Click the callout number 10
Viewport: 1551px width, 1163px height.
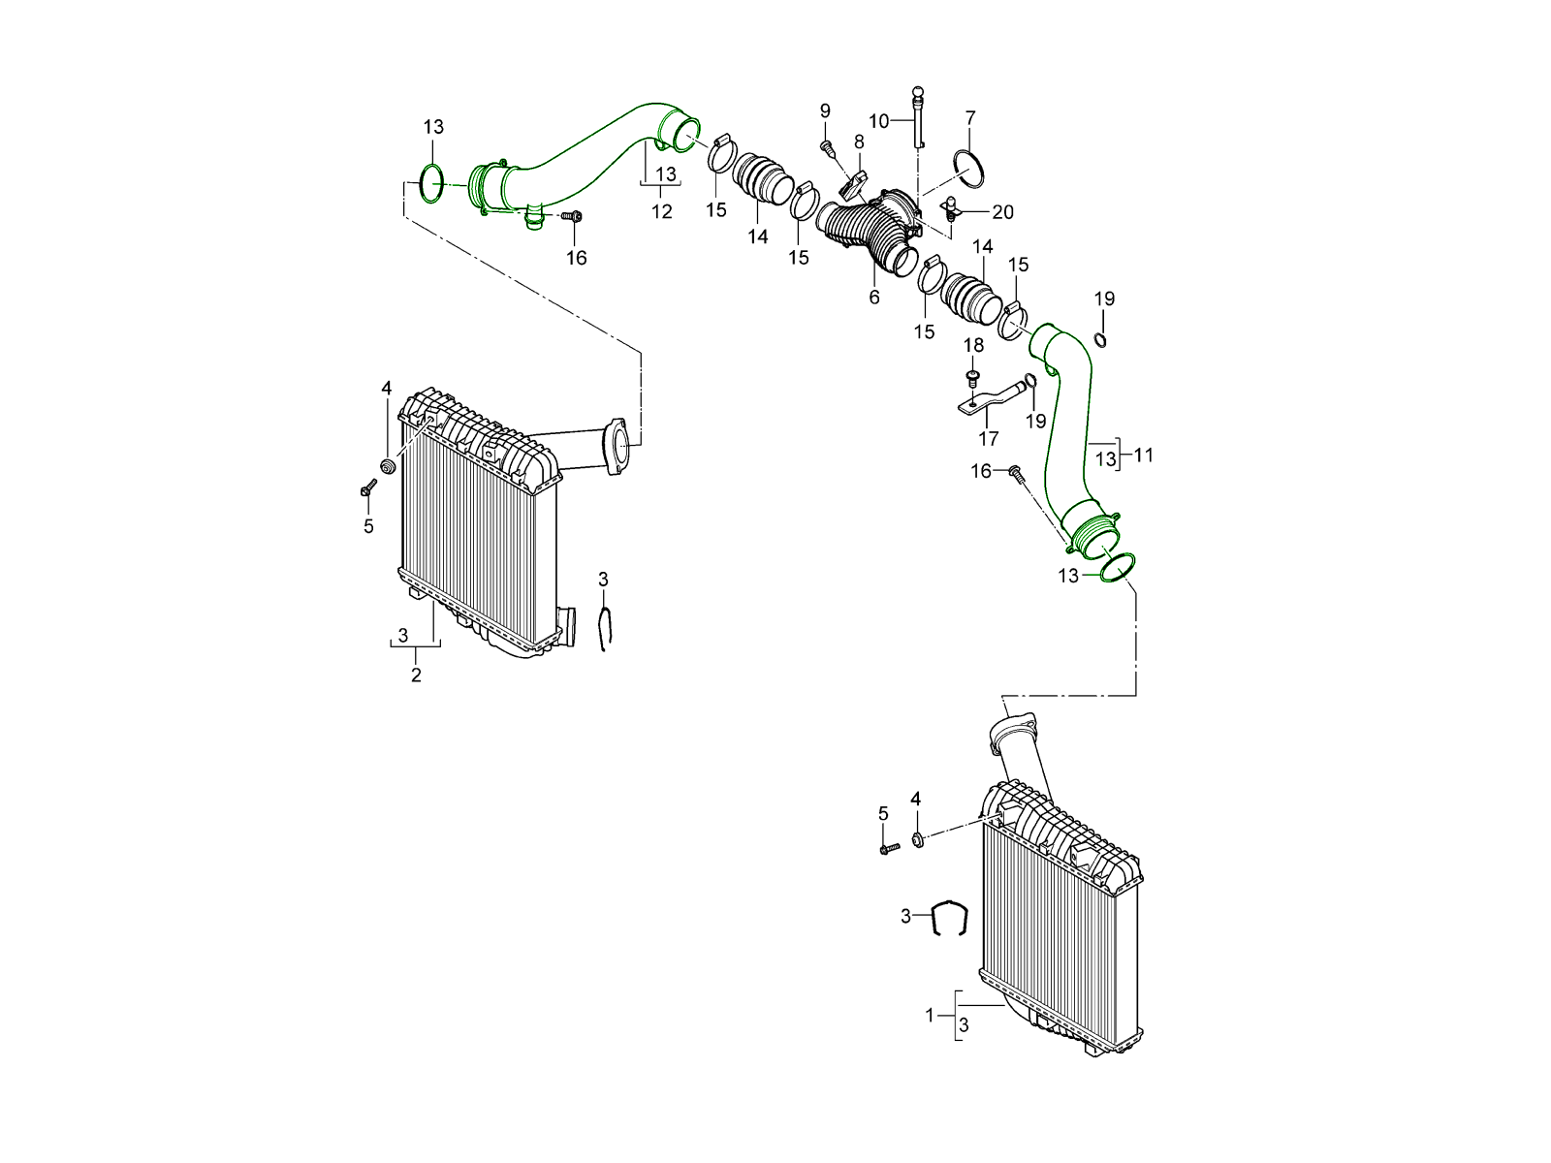click(878, 121)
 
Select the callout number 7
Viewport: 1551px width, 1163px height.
click(970, 118)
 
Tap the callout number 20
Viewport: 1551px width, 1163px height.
click(1002, 211)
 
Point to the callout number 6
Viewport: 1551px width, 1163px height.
click(874, 298)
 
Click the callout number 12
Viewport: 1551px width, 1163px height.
click(662, 211)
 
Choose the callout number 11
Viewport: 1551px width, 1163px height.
click(1144, 455)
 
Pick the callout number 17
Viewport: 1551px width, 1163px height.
click(988, 439)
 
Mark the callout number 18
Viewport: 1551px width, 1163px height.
click(973, 345)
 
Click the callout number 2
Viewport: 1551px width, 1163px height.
click(416, 676)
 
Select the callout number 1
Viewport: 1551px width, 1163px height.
click(930, 1016)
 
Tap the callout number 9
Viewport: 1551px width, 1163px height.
click(825, 110)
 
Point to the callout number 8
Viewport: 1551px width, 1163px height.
click(859, 141)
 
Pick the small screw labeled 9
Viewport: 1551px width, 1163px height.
click(828, 147)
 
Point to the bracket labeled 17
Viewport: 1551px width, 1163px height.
click(989, 398)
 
